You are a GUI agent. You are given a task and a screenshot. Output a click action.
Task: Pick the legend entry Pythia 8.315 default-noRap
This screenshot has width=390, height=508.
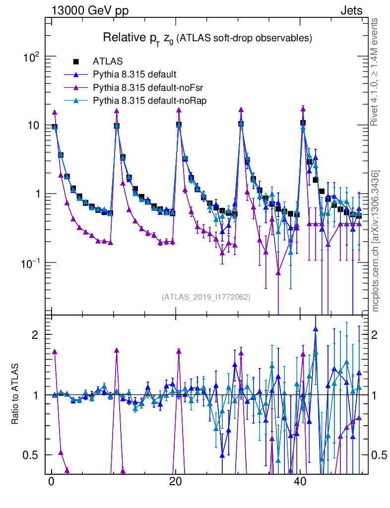(149, 101)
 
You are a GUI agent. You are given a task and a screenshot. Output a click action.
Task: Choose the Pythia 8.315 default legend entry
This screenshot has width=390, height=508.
(134, 75)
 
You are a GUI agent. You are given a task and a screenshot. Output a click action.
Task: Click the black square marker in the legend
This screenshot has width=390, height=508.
(76, 62)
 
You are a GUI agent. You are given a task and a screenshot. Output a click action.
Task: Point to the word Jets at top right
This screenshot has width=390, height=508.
(351, 11)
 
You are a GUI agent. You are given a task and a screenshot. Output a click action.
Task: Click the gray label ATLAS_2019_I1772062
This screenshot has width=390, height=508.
(206, 297)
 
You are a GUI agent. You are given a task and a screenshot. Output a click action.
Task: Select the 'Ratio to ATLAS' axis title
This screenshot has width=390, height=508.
(15, 394)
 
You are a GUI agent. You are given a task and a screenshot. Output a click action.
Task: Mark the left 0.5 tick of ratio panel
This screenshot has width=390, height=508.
(32, 455)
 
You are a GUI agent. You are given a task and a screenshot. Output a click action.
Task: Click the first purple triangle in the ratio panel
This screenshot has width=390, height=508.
(55, 351)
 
